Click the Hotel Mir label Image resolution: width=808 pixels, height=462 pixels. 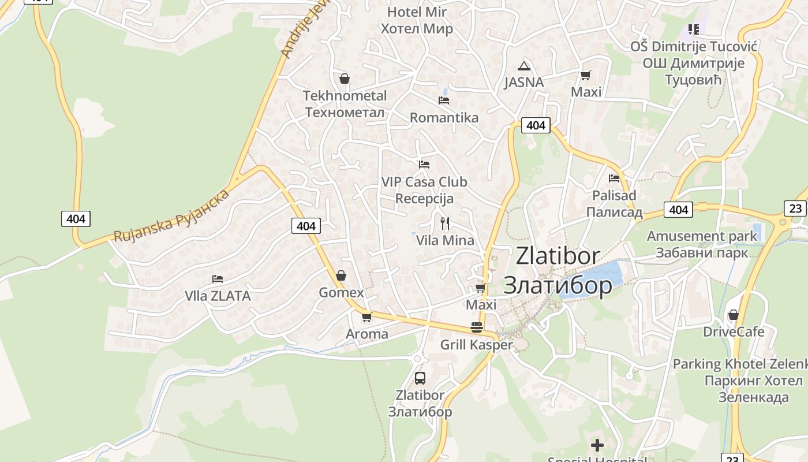pos(417,20)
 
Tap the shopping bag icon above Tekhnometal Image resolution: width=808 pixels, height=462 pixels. pos(345,79)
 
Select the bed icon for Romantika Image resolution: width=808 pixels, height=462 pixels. pos(444,100)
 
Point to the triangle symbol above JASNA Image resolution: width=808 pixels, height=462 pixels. pos(523,66)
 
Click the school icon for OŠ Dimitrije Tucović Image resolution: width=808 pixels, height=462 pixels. pos(693,29)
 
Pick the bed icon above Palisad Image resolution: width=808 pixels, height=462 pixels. pos(614,178)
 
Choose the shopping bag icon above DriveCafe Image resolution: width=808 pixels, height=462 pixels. pos(733,315)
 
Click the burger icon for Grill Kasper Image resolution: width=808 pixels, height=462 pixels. pos(477,327)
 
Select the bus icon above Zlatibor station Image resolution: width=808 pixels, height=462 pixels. pos(420,378)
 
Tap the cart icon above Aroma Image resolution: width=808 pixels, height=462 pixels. pos(366,316)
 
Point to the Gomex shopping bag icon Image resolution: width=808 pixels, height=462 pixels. pos(341,275)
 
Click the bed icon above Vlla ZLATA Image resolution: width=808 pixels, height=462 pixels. pos(218,279)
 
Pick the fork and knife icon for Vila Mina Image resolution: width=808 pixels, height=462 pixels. pos(445,223)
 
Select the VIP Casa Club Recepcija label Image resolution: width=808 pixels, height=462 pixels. pos(424,190)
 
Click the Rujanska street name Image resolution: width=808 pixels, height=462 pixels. pos(171,215)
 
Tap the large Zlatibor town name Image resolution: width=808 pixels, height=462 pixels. pos(558,270)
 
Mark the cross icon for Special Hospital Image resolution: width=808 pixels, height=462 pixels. pos(597,445)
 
